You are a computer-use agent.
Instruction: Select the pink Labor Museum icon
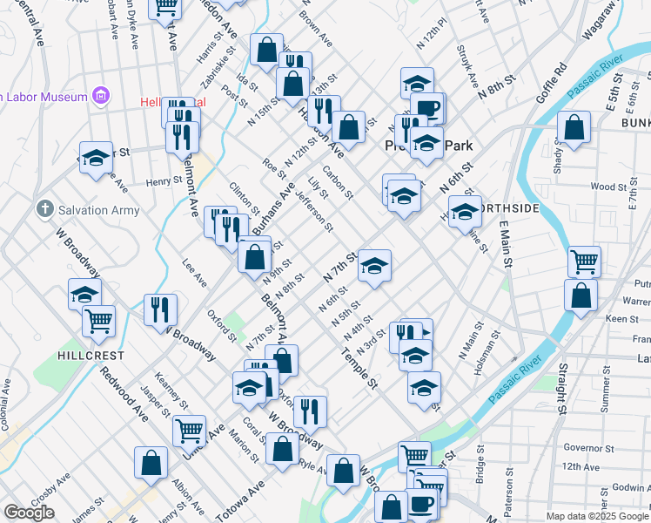(102, 94)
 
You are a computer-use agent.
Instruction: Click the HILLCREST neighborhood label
(91, 357)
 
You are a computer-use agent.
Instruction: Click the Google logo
(29, 513)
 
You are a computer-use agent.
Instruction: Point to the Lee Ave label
(194, 273)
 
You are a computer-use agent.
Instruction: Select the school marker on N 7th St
(374, 264)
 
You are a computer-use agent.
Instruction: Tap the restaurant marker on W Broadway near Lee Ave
(160, 309)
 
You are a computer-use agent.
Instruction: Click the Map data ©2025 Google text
(596, 516)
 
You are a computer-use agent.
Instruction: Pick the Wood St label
(602, 187)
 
